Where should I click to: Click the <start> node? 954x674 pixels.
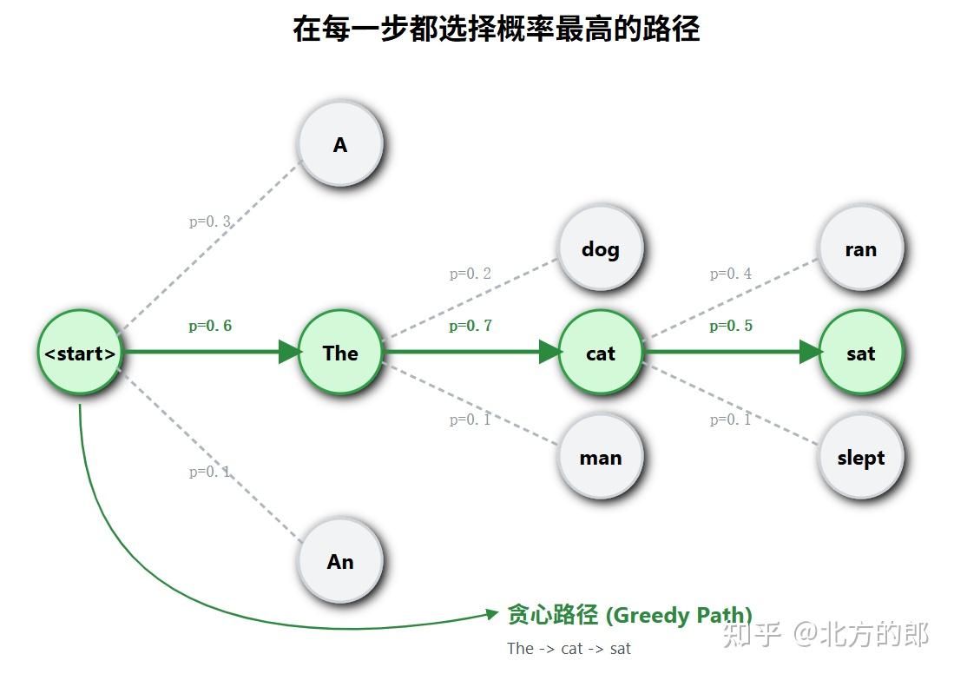80,353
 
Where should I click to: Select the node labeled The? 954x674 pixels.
340,353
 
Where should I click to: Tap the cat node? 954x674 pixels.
601,353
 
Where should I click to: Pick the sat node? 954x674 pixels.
861,353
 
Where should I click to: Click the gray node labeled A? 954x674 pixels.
340,144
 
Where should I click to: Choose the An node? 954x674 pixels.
340,561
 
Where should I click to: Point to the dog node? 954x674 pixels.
601,248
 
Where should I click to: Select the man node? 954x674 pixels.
601,457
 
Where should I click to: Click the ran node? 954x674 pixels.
861,248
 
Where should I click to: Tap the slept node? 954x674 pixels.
861,457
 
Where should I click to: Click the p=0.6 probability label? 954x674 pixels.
210,327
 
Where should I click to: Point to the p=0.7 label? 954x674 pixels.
470,327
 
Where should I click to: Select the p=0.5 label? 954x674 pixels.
731,327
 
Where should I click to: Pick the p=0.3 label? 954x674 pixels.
210,221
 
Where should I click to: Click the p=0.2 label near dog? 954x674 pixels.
470,274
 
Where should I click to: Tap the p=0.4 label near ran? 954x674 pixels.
731,274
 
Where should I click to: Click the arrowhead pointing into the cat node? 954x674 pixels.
550,352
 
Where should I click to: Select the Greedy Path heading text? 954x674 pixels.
629,615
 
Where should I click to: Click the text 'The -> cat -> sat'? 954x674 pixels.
569,649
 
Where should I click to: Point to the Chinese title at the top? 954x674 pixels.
496,29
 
